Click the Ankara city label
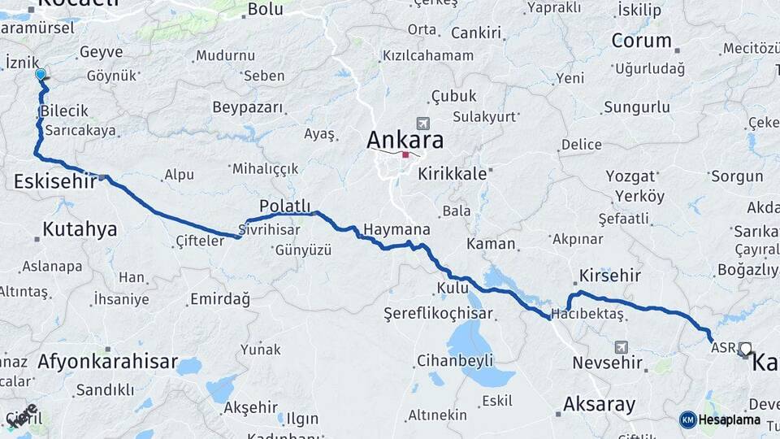tap(405, 139)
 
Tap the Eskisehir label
tap(54, 182)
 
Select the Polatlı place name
tap(284, 206)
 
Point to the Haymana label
tap(396, 230)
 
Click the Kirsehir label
tap(610, 276)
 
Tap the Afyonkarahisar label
tap(107, 363)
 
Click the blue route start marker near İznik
tap(41, 75)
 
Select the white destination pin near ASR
tap(745, 349)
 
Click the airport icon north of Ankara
tap(422, 124)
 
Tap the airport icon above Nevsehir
tap(622, 346)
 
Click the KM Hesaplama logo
tap(720, 419)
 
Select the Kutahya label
tap(80, 229)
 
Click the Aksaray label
tap(599, 404)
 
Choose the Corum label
tap(641, 40)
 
